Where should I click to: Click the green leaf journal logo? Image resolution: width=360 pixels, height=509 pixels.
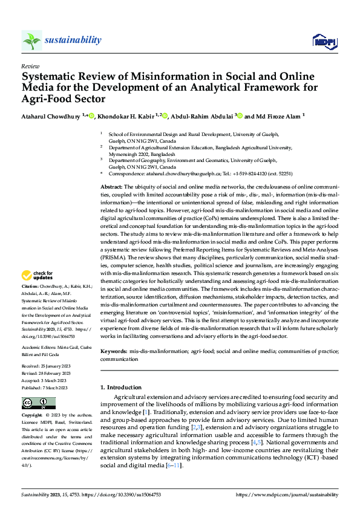click(x=31, y=41)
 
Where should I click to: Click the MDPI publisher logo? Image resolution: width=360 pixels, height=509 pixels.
click(x=324, y=41)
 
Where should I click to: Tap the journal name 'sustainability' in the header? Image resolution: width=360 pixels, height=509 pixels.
click(x=73, y=40)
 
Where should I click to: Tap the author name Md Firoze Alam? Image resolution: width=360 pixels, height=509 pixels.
click(x=267, y=116)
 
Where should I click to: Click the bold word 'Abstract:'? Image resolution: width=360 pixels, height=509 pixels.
click(x=111, y=188)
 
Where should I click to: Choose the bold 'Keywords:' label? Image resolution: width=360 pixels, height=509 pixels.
click(x=114, y=351)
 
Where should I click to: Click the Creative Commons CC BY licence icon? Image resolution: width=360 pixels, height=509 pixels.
click(x=38, y=403)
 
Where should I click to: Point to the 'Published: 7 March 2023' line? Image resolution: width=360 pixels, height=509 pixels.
click(x=46, y=387)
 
